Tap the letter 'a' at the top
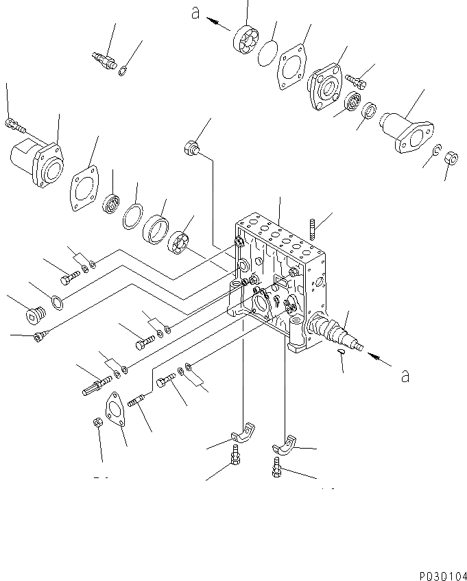195,14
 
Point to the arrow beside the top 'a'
219,23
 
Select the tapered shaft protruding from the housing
336,333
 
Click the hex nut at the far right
451,158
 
